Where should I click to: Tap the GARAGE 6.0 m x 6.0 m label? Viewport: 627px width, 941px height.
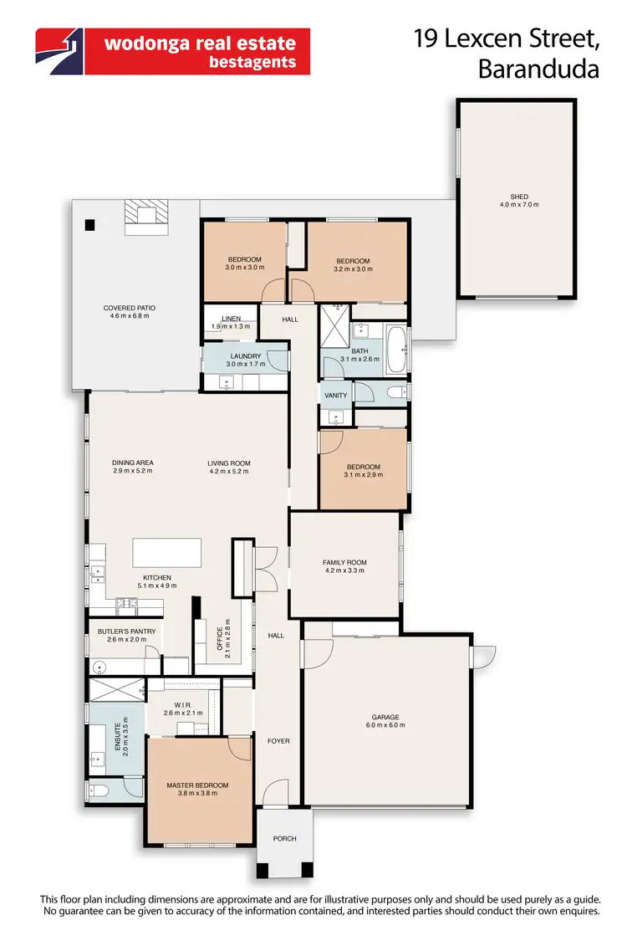coord(385,721)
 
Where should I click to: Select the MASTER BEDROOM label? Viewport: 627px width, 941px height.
coord(197,789)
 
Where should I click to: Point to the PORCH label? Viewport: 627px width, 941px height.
coord(284,838)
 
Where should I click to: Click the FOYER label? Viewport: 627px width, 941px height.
coord(278,741)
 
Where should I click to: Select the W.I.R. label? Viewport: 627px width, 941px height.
coord(184,709)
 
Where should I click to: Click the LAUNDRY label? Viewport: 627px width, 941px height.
coord(245,361)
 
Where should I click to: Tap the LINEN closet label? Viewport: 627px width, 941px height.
coord(232,322)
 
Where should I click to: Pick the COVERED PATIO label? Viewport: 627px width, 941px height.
coord(130,312)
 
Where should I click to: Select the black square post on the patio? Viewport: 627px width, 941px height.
coord(89,224)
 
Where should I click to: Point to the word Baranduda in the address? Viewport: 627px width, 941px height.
coord(538,69)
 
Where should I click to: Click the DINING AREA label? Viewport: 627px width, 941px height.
coord(133,467)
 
